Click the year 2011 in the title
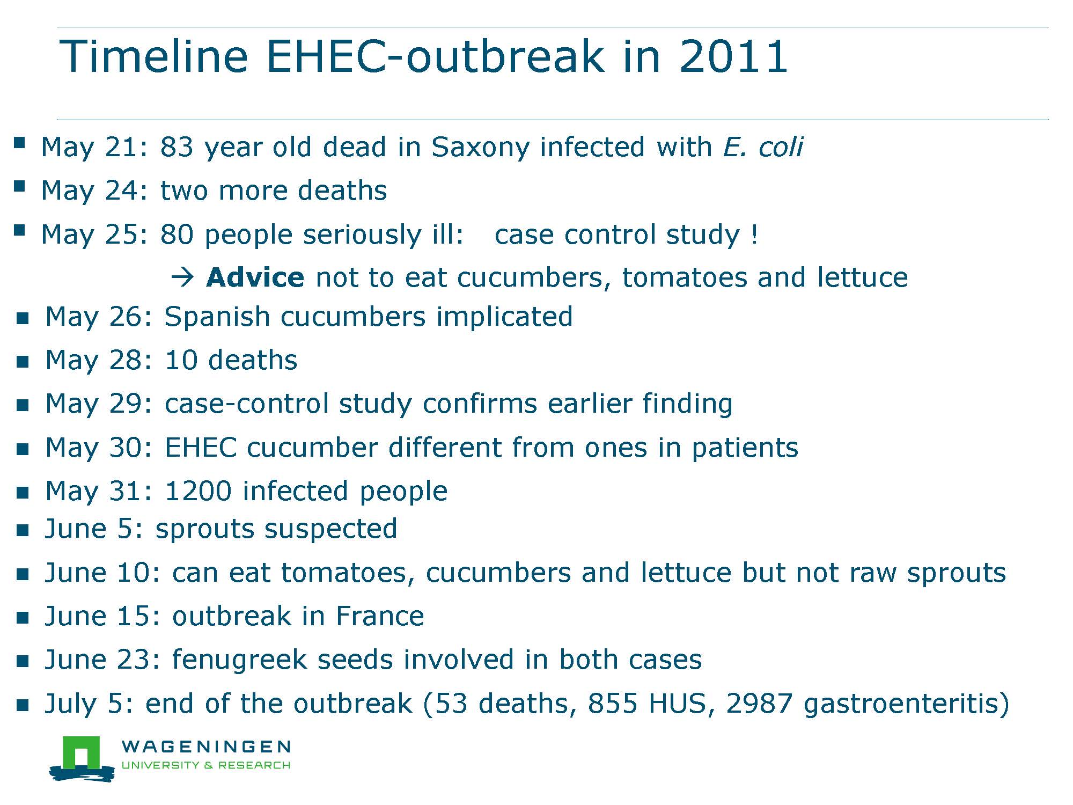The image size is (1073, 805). tap(733, 56)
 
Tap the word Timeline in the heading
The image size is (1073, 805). tap(153, 56)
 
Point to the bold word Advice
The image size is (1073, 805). tap(255, 277)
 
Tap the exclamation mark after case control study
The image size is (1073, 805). tap(755, 235)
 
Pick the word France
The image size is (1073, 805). tap(380, 616)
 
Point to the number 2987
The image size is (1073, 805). tap(759, 704)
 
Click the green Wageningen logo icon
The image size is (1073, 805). tap(82, 758)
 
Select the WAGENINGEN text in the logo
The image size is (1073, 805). tap(207, 747)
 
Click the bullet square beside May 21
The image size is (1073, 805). tap(20, 142)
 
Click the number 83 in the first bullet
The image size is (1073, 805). tap(177, 147)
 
